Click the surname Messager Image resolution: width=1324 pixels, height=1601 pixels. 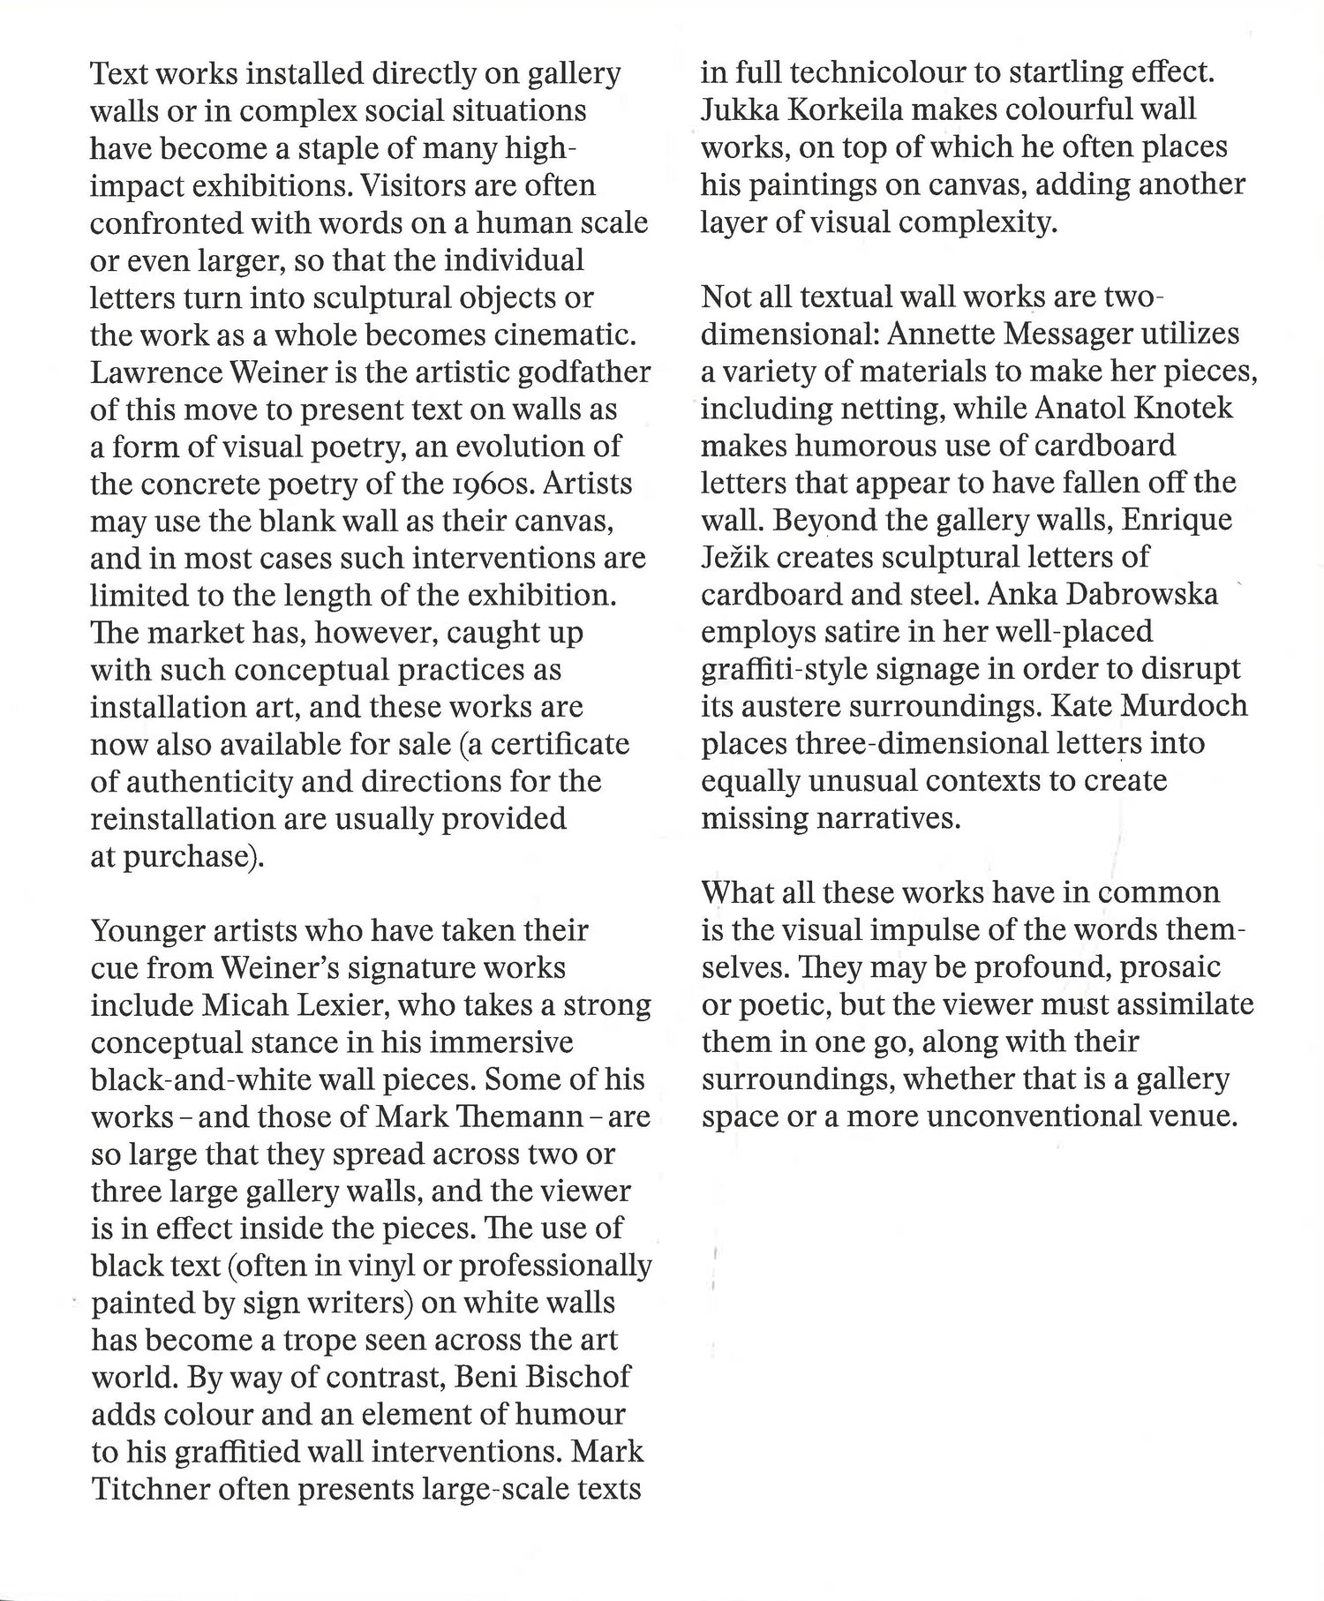(x=1053, y=334)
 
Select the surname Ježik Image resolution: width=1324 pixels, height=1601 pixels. (x=736, y=557)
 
